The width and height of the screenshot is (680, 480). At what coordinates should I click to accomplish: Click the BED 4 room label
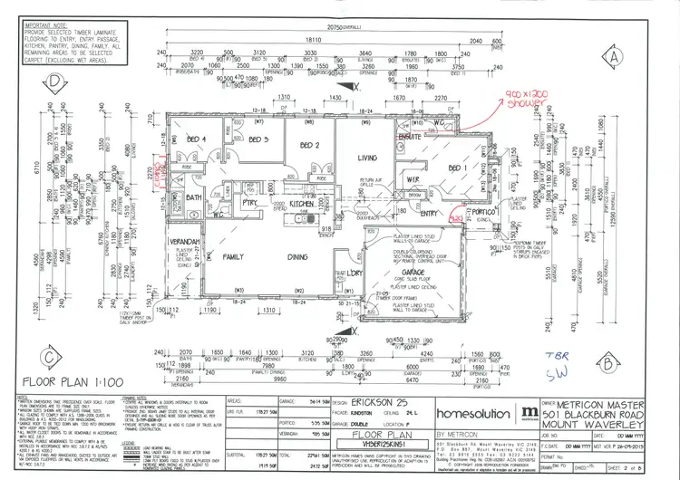pos(196,139)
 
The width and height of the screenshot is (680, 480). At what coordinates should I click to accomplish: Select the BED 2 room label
pos(310,145)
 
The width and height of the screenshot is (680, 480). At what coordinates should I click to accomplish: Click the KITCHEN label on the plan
pos(300,205)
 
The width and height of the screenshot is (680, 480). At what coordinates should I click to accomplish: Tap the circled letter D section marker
pos(56,79)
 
